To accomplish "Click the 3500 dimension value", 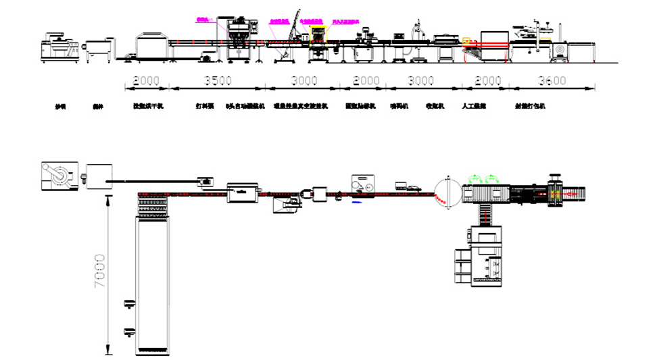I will coord(218,81).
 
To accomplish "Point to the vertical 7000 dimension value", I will coord(100,272).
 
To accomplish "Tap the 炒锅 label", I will coord(61,107).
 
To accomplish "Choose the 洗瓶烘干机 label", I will coord(148,107).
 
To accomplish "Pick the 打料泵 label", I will coord(205,107).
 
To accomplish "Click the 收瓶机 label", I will coord(434,107).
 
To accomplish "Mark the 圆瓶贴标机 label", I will coord(359,107).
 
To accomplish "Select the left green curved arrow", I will coord(474,178).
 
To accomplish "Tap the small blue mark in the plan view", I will coord(356,201).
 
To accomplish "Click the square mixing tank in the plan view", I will coord(99,178).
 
